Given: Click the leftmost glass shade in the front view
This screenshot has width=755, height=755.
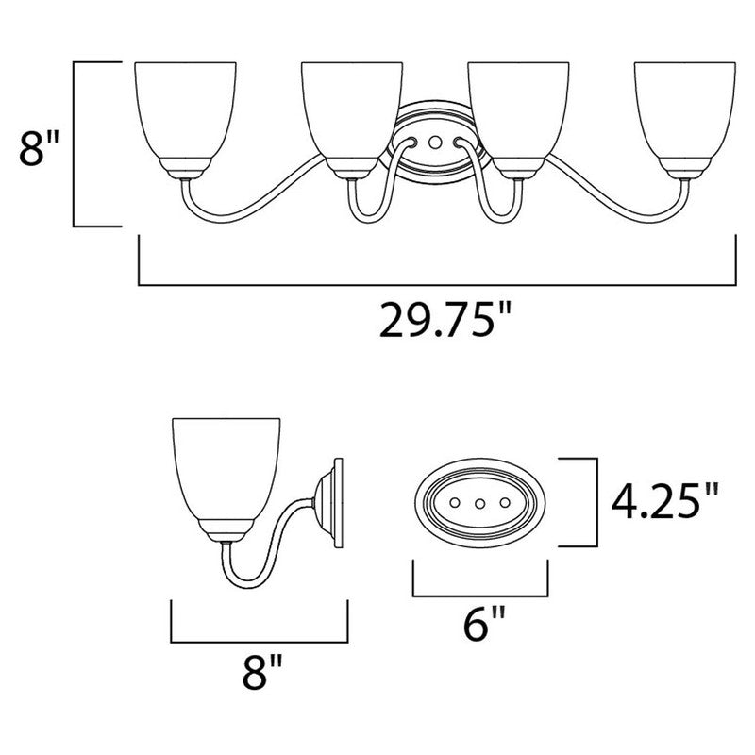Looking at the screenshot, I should point(184,113).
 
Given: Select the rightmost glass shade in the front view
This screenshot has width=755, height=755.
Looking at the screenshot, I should point(683,113).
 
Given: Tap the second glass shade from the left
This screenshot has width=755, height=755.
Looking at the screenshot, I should point(348,113).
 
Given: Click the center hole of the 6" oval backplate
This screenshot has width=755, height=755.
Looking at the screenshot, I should point(480,503).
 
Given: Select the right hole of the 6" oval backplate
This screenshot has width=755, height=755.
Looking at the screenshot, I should point(504,503).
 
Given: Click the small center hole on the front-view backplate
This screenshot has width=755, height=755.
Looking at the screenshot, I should point(434,141).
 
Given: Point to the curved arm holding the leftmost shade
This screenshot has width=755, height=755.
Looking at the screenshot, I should point(245,198).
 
